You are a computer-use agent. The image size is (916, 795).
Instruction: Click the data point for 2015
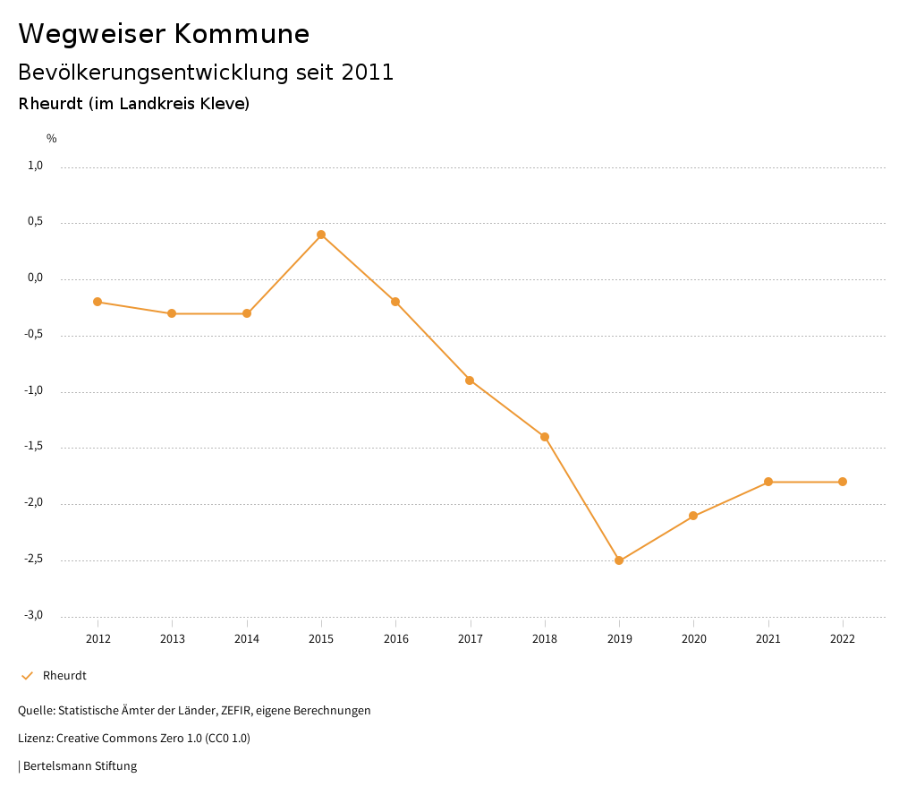click(321, 235)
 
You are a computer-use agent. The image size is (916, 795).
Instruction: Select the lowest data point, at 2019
click(619, 560)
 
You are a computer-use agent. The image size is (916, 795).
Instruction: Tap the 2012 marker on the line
click(98, 302)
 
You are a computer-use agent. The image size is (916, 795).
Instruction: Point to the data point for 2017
click(470, 380)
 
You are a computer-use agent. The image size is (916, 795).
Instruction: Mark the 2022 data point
click(843, 482)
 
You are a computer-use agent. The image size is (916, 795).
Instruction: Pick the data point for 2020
click(693, 516)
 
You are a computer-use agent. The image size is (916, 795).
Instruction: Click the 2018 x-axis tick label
click(545, 639)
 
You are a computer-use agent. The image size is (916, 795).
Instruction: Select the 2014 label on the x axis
click(247, 639)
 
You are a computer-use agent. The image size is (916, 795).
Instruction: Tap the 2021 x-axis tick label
click(768, 639)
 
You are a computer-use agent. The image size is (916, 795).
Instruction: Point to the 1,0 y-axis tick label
click(36, 166)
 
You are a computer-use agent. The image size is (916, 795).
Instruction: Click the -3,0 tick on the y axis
click(34, 615)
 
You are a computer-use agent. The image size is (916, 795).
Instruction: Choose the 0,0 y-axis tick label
click(36, 278)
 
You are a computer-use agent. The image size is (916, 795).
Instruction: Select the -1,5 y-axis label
click(34, 447)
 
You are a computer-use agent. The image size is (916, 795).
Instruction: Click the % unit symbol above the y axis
click(52, 139)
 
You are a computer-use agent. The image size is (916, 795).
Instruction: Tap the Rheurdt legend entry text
click(64, 676)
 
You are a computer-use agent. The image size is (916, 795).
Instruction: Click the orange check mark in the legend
click(27, 676)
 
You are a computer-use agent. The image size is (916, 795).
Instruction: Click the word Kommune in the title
click(242, 34)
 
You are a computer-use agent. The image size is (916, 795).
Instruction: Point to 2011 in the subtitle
click(368, 73)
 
